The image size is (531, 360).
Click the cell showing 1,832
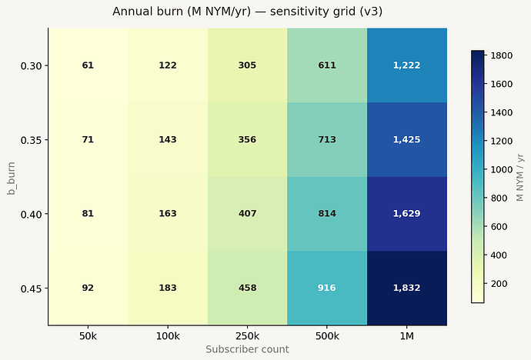(407, 288)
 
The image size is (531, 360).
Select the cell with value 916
(327, 288)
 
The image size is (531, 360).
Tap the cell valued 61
(88, 65)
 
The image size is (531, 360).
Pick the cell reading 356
(248, 139)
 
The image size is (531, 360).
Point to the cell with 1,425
(407, 139)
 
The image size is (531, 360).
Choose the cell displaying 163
(168, 214)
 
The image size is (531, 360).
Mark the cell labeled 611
(327, 65)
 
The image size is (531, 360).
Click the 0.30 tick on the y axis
(31, 65)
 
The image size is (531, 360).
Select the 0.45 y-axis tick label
(31, 288)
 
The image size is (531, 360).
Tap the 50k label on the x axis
(88, 336)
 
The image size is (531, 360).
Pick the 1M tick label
(407, 336)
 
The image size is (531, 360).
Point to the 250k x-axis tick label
(248, 336)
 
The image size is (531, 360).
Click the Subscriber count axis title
(248, 349)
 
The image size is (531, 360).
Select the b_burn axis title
(12, 178)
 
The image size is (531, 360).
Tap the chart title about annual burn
(248, 12)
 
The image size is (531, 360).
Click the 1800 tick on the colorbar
(502, 55)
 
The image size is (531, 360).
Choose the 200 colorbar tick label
(499, 284)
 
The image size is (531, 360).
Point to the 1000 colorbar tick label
(502, 169)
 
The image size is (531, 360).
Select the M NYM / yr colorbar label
(519, 177)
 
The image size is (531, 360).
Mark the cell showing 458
(248, 288)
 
